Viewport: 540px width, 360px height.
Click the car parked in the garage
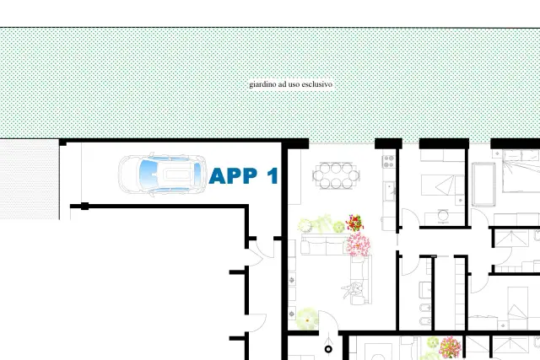tap(163, 175)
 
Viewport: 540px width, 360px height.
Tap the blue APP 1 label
tap(244, 176)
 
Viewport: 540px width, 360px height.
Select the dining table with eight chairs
tap(336, 175)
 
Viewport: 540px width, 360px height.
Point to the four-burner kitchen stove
tap(389, 161)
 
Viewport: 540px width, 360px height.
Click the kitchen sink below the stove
tap(390, 191)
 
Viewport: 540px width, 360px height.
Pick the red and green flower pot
tap(354, 223)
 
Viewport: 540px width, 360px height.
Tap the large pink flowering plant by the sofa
tap(359, 244)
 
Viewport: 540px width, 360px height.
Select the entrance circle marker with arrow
tap(328, 349)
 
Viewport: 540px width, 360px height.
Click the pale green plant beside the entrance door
tap(307, 319)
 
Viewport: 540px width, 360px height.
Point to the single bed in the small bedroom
tap(442, 185)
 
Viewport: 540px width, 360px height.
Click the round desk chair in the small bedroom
tap(443, 216)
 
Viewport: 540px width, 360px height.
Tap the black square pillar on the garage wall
tap(84, 207)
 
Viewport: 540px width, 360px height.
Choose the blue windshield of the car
tap(149, 175)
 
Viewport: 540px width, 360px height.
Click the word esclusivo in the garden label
tap(319, 84)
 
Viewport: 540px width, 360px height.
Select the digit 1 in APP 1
tap(273, 176)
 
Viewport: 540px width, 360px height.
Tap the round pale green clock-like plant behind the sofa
tap(305, 225)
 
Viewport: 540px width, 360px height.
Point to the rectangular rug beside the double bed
tap(483, 184)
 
